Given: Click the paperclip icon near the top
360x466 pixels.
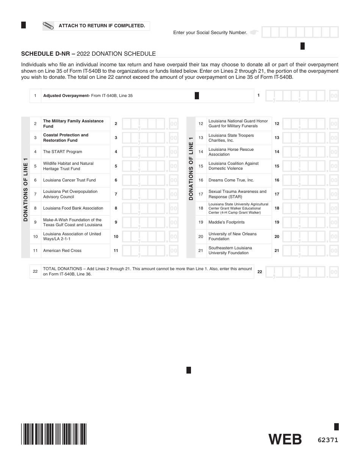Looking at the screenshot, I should coord(49,26).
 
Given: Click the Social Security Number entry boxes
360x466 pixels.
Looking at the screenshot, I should coord(300,32).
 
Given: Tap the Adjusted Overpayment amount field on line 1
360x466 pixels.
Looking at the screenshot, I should coord(302,96).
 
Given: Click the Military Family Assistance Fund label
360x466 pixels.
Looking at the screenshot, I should coord(73,124).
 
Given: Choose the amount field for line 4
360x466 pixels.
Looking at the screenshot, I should coord(150,152).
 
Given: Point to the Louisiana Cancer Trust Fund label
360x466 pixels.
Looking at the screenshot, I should coord(69,180).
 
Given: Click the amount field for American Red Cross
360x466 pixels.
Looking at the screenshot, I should coord(150,251).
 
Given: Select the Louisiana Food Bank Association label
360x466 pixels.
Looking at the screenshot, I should coord(73,208).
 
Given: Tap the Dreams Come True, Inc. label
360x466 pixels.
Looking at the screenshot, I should coord(231,180).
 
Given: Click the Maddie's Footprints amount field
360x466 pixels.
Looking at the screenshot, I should coord(310,222).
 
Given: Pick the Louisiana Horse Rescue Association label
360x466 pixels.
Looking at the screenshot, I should coord(231,152).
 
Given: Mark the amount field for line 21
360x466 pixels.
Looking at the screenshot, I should coord(310,251).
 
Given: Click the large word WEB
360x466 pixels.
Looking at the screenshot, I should coord(285,439).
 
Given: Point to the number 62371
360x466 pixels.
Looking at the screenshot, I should coord(328,440).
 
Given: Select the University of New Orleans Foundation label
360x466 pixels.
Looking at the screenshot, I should coord(232,236).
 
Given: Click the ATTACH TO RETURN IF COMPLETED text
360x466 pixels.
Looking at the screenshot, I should coord(102,26).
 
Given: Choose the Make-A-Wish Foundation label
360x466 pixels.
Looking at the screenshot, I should coord(72,222).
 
